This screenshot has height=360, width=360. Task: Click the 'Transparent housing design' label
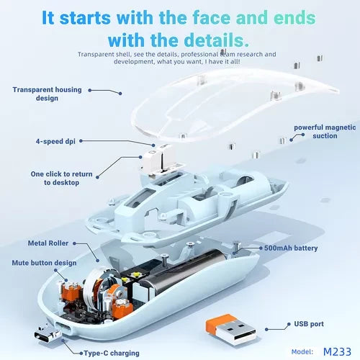[x=47, y=94]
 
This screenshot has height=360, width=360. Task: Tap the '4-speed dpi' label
[x=55, y=141]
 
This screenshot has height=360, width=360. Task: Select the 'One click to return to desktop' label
[x=61, y=178]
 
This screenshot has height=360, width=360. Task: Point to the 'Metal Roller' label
[x=48, y=243]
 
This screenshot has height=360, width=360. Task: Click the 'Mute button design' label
[x=44, y=263]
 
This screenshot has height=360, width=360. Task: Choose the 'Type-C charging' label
[x=112, y=354]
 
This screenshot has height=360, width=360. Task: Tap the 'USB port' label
[x=309, y=324]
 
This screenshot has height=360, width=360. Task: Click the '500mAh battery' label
[x=291, y=248]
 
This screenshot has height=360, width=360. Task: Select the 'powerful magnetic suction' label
[x=325, y=132]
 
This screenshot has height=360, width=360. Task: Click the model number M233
[x=337, y=352]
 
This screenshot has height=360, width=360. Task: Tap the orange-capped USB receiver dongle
[x=230, y=329]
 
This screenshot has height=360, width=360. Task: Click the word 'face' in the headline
[x=212, y=18]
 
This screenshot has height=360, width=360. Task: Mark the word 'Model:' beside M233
[x=302, y=352]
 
